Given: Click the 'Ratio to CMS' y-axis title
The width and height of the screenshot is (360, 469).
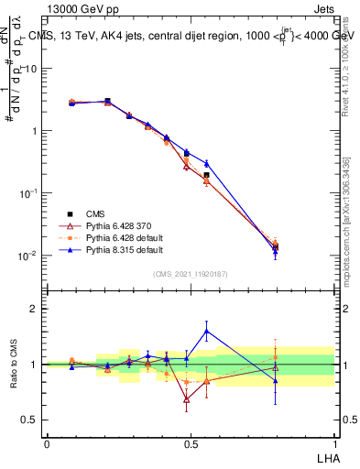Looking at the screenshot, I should (16, 365).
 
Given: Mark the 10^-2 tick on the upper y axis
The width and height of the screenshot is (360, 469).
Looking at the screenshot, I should (27, 256).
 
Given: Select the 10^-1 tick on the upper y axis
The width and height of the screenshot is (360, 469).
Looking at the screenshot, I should (27, 193).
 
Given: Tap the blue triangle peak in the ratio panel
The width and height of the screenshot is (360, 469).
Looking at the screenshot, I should (206, 331).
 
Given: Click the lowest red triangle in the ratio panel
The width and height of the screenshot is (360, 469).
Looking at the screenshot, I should (187, 399).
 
